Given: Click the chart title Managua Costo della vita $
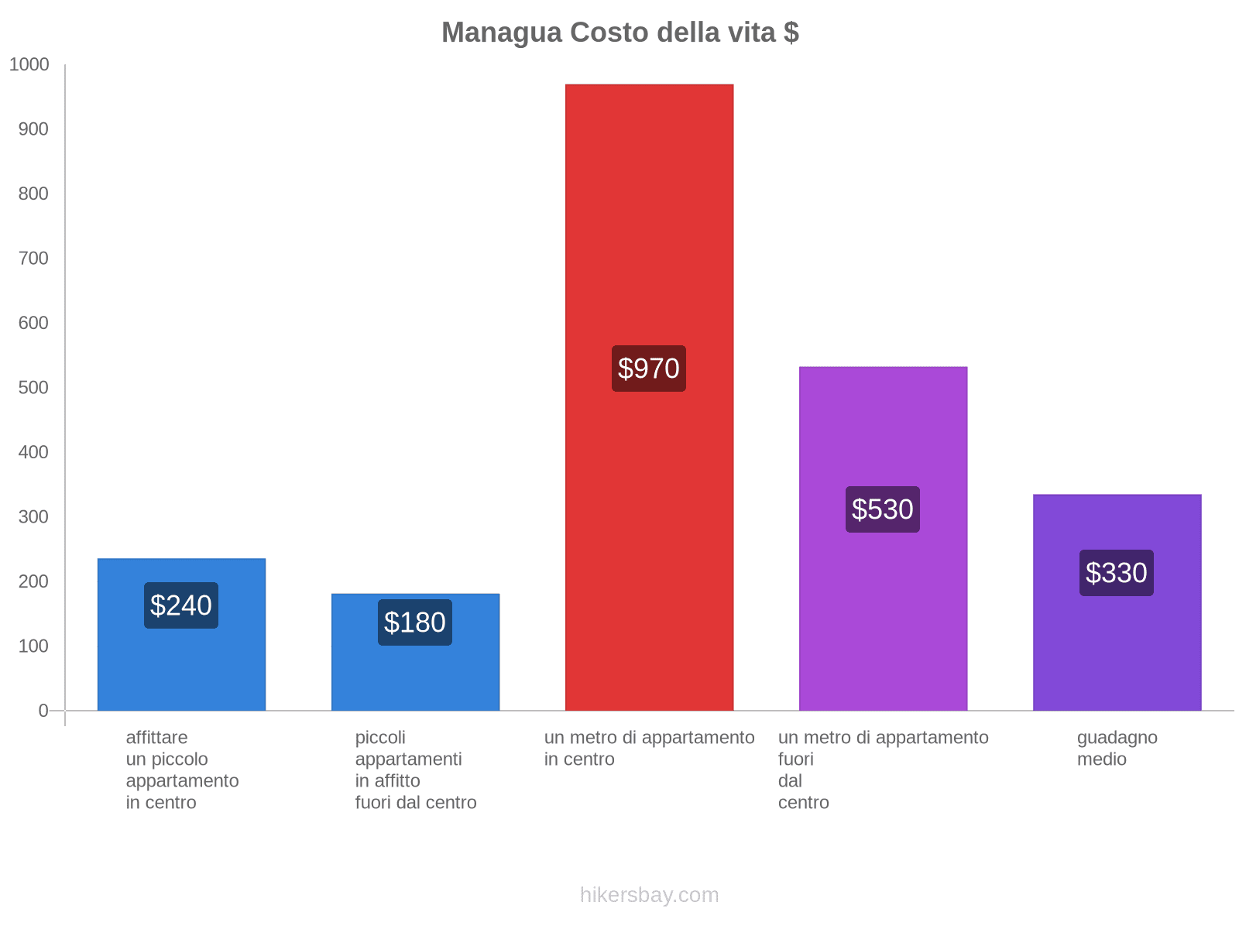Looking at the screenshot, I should tap(619, 33).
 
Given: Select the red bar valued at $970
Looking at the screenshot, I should tap(649, 232).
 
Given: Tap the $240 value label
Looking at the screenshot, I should tap(181, 605).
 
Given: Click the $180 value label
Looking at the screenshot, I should tap(415, 622).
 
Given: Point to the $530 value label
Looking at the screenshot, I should tap(883, 509).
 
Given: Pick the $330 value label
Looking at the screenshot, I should tap(1117, 573).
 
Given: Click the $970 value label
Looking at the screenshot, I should tap(649, 369).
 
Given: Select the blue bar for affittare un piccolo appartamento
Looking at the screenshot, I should tap(181, 666).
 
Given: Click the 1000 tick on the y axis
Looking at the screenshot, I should tap(29, 65).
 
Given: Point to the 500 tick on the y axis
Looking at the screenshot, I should tap(33, 388).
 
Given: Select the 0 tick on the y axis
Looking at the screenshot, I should tap(43, 711).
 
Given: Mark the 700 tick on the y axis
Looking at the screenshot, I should tap(33, 259).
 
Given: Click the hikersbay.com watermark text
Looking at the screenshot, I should tap(649, 895).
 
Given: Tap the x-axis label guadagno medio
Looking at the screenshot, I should tap(1117, 749).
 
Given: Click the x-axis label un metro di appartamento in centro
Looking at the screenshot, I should tap(649, 749).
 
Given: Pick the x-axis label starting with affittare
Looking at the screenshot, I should tap(182, 770).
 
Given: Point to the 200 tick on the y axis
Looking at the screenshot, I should tap(33, 581).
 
